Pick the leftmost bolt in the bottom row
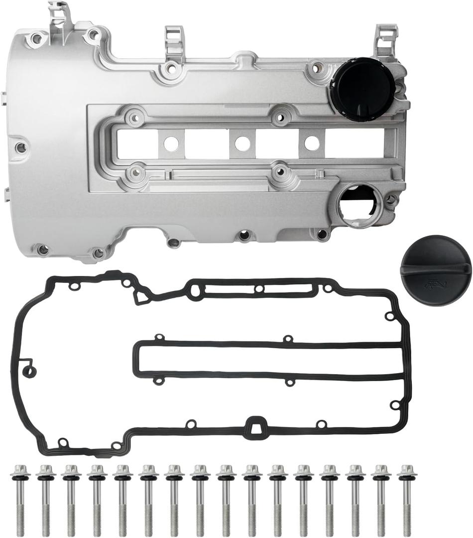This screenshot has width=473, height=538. coord(20,498)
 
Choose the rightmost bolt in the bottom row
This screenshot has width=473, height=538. coord(407,498)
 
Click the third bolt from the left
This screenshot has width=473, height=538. coord(71,498)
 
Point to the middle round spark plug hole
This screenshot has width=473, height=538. coord(242,144)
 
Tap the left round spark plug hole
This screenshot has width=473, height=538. coord(171,144)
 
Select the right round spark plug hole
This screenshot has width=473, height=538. coord(312,143)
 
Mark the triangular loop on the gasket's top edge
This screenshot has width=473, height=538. coord(142,297)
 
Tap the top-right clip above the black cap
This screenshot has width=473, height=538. coord(385,38)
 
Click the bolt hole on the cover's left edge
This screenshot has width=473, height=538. coord(20,147)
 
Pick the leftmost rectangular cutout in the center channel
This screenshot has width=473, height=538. coord(136,144)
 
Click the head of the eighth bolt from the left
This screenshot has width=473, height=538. coord(200,471)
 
